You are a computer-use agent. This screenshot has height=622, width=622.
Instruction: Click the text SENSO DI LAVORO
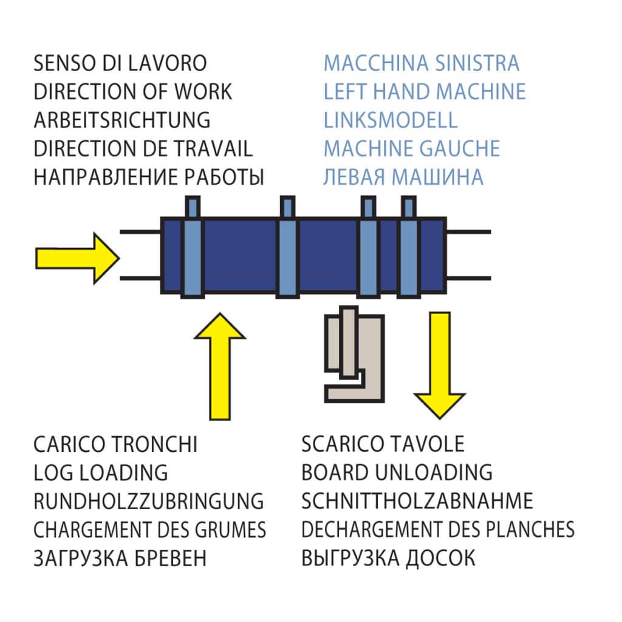(120, 63)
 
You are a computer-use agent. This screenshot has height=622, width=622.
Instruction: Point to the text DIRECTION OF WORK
(133, 92)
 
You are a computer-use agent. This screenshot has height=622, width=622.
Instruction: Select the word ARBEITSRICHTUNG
(122, 120)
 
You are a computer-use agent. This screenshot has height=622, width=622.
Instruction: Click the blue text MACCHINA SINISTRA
(422, 63)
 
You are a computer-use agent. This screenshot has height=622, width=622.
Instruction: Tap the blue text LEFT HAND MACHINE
(425, 92)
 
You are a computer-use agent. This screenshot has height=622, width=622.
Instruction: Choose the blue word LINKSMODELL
(391, 120)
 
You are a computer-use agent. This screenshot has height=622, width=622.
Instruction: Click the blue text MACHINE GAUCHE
(412, 148)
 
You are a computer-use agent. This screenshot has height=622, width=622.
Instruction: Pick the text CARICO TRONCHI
(115, 444)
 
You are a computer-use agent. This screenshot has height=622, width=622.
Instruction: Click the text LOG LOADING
(101, 473)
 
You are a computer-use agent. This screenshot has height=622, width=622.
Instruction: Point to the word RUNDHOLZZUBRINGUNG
(149, 501)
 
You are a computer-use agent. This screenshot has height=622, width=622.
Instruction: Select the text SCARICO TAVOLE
(383, 444)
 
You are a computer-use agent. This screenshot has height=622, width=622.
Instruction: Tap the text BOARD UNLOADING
(397, 473)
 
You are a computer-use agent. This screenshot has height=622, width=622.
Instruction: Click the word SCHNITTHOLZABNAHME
(417, 501)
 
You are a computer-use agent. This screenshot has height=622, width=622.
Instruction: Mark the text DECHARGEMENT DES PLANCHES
(438, 530)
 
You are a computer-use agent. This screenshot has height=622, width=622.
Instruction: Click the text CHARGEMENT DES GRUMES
(150, 530)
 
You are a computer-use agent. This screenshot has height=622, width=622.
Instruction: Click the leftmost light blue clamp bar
(191, 249)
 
